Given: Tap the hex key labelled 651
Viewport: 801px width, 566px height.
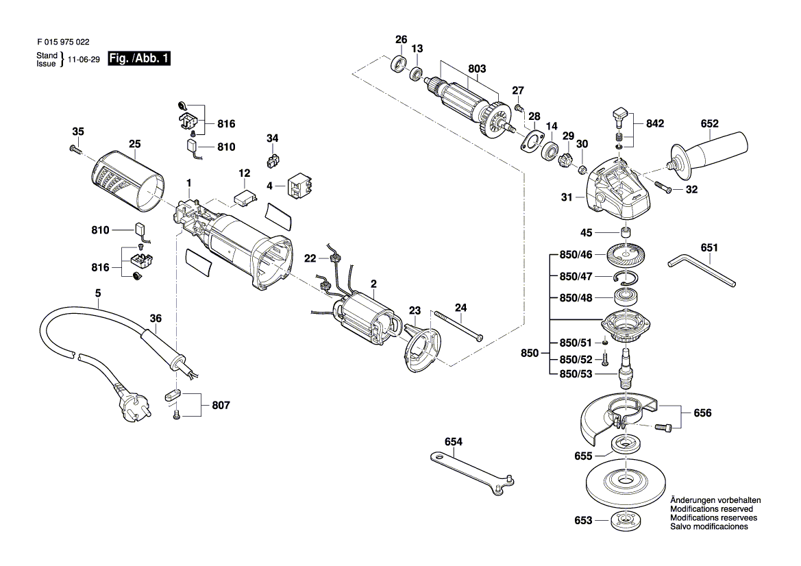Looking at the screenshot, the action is pyautogui.click(x=702, y=271).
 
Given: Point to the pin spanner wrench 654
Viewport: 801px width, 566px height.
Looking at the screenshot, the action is pyautogui.click(x=471, y=473).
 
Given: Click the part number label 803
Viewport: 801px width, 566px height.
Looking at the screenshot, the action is pyautogui.click(x=477, y=69).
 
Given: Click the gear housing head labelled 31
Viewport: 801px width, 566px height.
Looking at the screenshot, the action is pyautogui.click(x=618, y=190).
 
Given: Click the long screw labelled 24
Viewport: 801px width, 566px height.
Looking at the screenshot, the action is pyautogui.click(x=458, y=326).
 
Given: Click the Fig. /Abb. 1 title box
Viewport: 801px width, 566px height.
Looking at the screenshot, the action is pyautogui.click(x=139, y=58).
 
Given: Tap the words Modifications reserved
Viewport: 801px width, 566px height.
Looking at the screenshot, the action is pyautogui.click(x=711, y=509).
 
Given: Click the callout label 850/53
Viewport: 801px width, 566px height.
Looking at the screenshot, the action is pyautogui.click(x=576, y=374).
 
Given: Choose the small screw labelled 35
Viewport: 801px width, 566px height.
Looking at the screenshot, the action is pyautogui.click(x=75, y=149).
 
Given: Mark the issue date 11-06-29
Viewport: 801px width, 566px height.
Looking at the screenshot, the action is pyautogui.click(x=84, y=60).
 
